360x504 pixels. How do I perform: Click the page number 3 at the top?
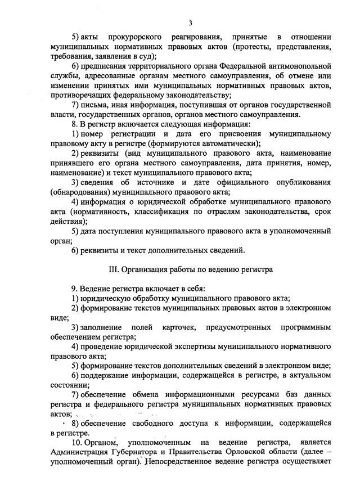click(x=191, y=23)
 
